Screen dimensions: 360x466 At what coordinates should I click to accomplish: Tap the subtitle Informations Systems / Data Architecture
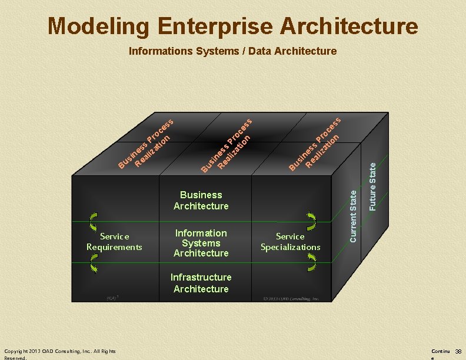[x=232, y=51]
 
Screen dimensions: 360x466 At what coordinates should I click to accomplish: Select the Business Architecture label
[x=201, y=200]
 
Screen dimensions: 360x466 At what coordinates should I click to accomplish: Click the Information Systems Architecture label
[x=201, y=243]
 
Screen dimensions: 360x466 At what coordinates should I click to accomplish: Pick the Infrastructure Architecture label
[x=201, y=283]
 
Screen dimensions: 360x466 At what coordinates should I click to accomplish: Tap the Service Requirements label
[x=114, y=242]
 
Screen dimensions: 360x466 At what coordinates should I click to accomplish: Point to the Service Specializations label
[x=290, y=242]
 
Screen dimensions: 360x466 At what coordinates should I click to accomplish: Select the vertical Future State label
[x=372, y=186]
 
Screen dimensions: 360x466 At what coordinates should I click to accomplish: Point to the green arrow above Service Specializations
[x=311, y=221]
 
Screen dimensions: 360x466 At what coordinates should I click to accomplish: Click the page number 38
[x=458, y=352]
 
